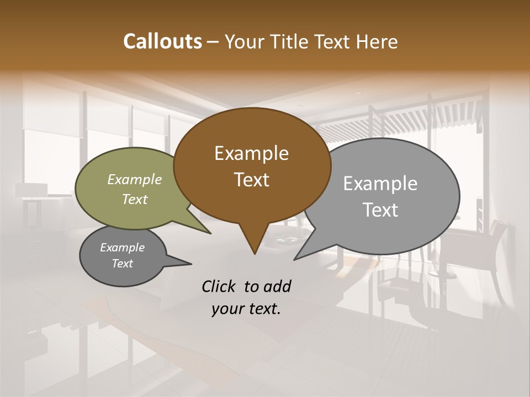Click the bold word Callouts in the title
point(162,41)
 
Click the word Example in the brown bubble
point(252,153)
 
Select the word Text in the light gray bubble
point(380,210)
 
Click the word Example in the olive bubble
point(135,180)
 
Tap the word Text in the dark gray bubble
point(123,264)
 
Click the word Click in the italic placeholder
point(220,286)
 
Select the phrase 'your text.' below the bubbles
point(246,309)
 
